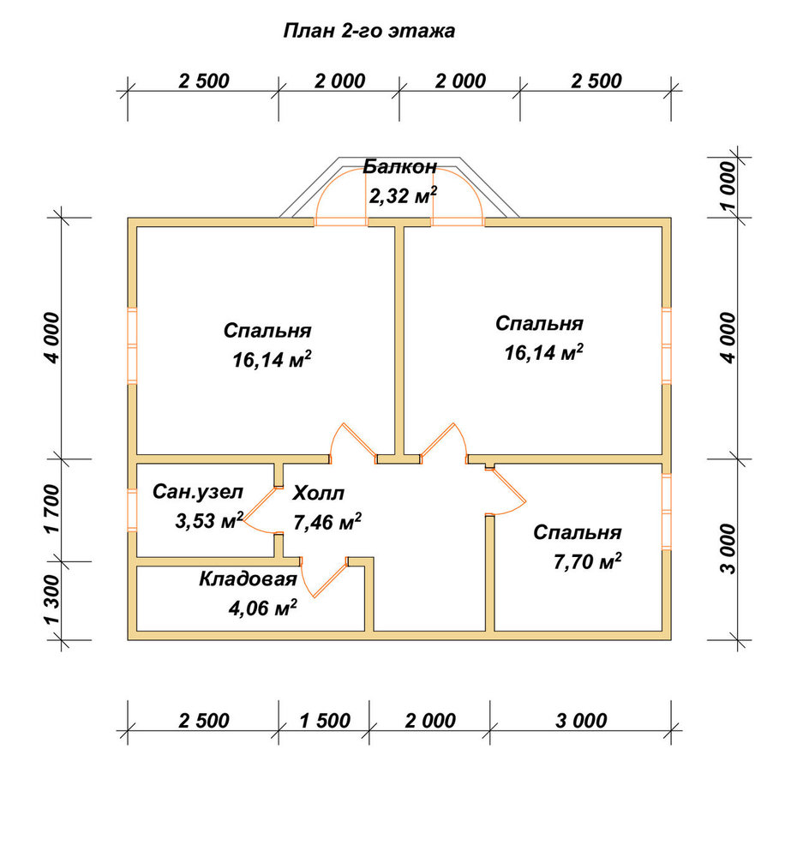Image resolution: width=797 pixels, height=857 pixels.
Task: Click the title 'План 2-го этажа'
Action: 369,31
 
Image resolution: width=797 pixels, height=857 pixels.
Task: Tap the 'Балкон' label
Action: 400,166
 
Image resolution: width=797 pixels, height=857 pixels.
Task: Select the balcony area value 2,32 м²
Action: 403,195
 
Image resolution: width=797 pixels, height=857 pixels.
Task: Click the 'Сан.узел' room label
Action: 198,492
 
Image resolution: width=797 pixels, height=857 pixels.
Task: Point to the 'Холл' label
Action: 318,493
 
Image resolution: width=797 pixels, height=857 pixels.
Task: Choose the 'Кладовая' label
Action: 248,578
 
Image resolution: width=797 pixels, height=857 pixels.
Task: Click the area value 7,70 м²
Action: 587,561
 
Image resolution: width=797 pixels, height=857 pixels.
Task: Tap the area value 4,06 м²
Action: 263,608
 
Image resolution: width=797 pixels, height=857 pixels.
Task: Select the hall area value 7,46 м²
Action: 327,522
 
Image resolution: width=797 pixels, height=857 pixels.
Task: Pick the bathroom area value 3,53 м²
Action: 209,520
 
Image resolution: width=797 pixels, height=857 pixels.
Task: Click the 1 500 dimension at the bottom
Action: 325,721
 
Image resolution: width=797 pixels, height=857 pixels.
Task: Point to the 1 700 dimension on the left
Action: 52,509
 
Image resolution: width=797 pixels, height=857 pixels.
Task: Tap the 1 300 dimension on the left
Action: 52,600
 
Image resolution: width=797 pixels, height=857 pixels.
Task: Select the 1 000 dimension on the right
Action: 728,186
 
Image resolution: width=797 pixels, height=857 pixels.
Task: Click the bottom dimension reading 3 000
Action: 581,721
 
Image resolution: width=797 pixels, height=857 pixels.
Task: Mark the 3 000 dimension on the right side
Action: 728,548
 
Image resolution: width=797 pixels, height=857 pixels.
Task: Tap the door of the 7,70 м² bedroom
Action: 506,491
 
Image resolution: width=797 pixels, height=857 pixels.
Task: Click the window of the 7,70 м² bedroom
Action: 667,511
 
